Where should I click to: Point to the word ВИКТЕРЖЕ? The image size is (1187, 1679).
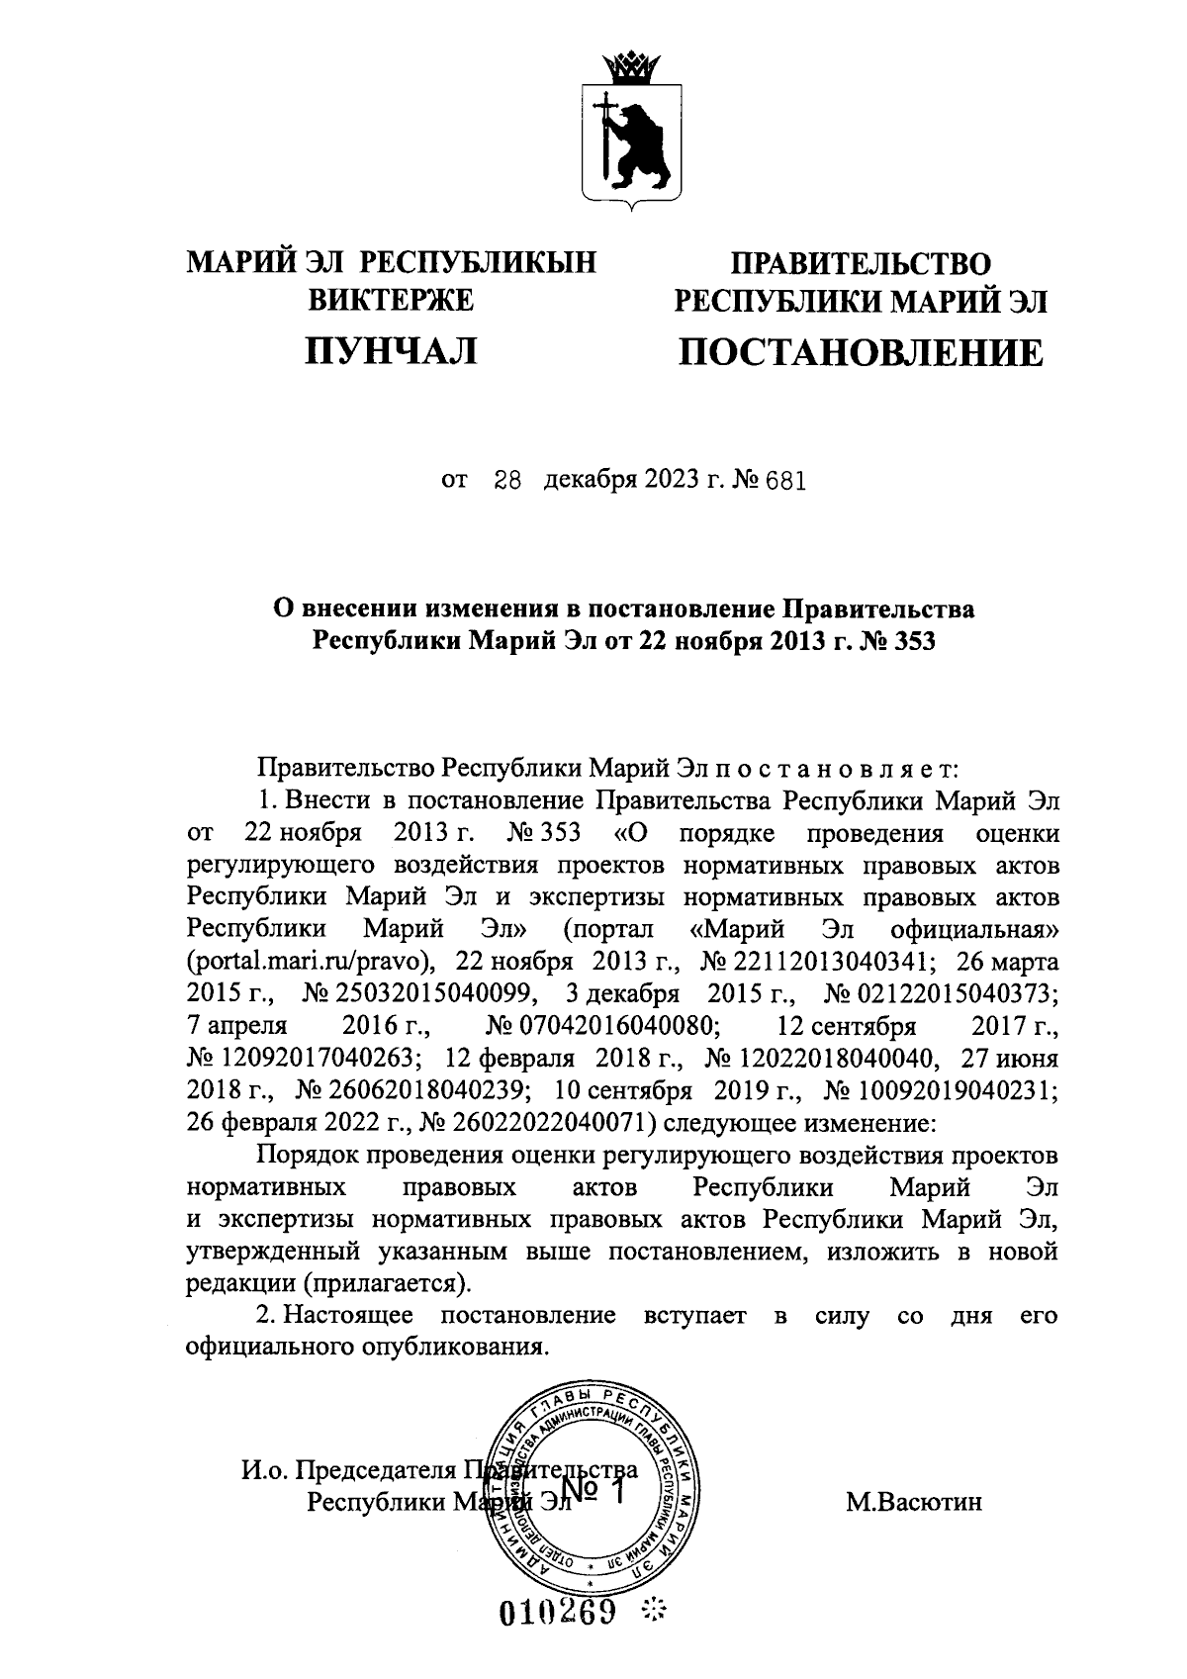point(392,299)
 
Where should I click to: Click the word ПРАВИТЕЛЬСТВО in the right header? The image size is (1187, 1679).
point(860,264)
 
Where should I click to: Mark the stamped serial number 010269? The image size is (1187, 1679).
point(559,1614)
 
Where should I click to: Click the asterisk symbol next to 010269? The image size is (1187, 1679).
point(654,1614)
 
